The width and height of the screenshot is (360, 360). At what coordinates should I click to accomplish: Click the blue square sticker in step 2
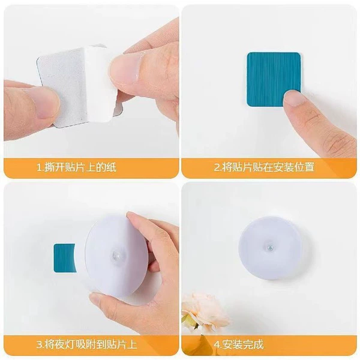[274, 79]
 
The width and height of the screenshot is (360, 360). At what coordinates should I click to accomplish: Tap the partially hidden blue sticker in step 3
[64, 258]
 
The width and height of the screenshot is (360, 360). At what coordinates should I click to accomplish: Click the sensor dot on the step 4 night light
[269, 248]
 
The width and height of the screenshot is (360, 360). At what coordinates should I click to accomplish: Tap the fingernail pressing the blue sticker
[293, 97]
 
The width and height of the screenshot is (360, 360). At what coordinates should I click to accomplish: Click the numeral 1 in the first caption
[39, 167]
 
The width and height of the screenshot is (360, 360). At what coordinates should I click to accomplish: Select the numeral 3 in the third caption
[39, 344]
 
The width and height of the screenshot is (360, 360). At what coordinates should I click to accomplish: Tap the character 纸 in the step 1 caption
[112, 167]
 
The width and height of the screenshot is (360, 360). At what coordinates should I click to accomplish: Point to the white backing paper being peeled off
[100, 84]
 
